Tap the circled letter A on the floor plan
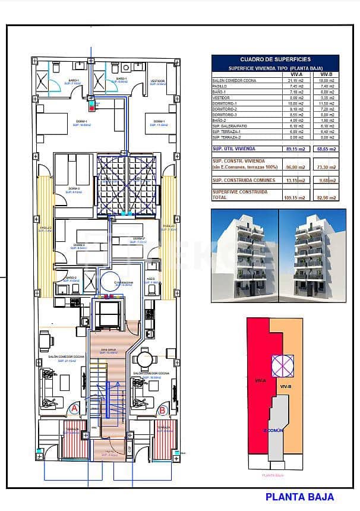tap(74, 409)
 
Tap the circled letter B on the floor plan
tap(162, 409)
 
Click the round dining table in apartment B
tap(144, 359)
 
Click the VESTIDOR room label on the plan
tap(157, 80)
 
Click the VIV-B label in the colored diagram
tap(285, 386)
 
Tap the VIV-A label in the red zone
tap(259, 380)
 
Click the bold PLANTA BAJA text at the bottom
tap(299, 497)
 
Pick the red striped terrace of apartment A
tap(72, 440)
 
